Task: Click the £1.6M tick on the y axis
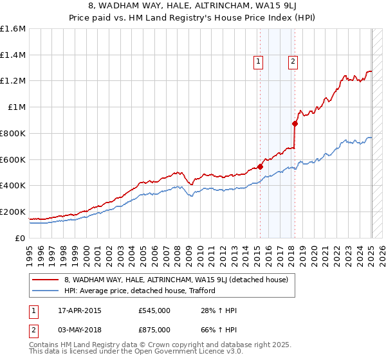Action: (13, 29)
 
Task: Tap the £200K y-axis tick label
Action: (13, 212)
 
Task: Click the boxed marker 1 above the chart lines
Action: (258, 62)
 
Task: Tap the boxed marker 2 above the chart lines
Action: (293, 62)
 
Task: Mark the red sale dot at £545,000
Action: (261, 166)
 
